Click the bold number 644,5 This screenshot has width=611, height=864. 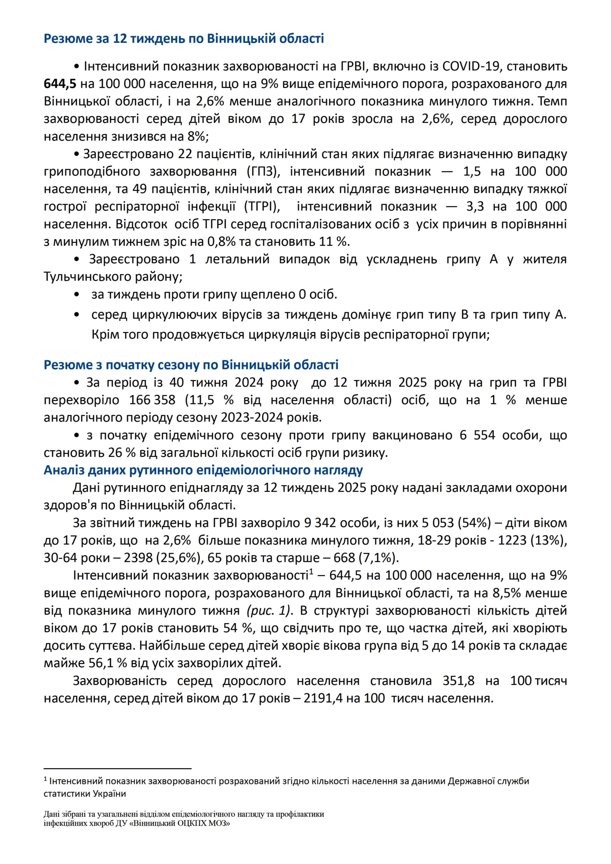(x=60, y=84)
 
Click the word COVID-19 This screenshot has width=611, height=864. (x=471, y=66)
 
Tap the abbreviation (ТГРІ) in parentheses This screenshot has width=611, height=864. (x=262, y=206)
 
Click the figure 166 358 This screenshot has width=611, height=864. (x=152, y=400)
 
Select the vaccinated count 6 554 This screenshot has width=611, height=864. (x=477, y=435)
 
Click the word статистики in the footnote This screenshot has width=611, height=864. (x=67, y=793)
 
